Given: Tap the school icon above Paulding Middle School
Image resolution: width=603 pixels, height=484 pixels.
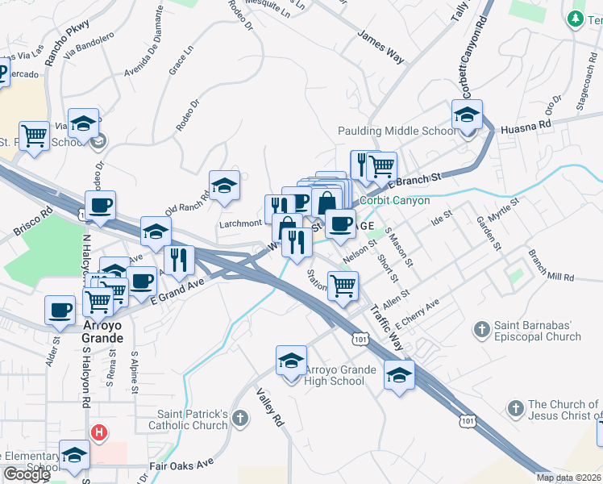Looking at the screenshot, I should [x=467, y=115].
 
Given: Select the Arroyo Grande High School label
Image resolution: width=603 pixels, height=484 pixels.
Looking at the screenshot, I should [x=340, y=375].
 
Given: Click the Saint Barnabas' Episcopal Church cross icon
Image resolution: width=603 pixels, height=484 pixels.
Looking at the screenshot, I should [x=482, y=328].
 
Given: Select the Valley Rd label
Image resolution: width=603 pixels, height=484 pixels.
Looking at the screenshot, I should [x=271, y=408].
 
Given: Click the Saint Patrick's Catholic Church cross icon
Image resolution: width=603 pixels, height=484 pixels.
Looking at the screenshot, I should [x=242, y=414].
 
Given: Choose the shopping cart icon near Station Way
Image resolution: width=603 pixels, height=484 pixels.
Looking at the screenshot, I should [x=343, y=286].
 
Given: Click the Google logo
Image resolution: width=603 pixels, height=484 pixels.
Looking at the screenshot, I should [x=26, y=474].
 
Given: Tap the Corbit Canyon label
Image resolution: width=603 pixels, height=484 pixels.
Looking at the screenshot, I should [x=395, y=200].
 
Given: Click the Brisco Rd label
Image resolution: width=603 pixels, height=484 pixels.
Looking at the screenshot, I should [x=32, y=225].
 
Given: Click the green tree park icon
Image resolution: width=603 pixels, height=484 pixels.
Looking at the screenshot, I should [x=576, y=19].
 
